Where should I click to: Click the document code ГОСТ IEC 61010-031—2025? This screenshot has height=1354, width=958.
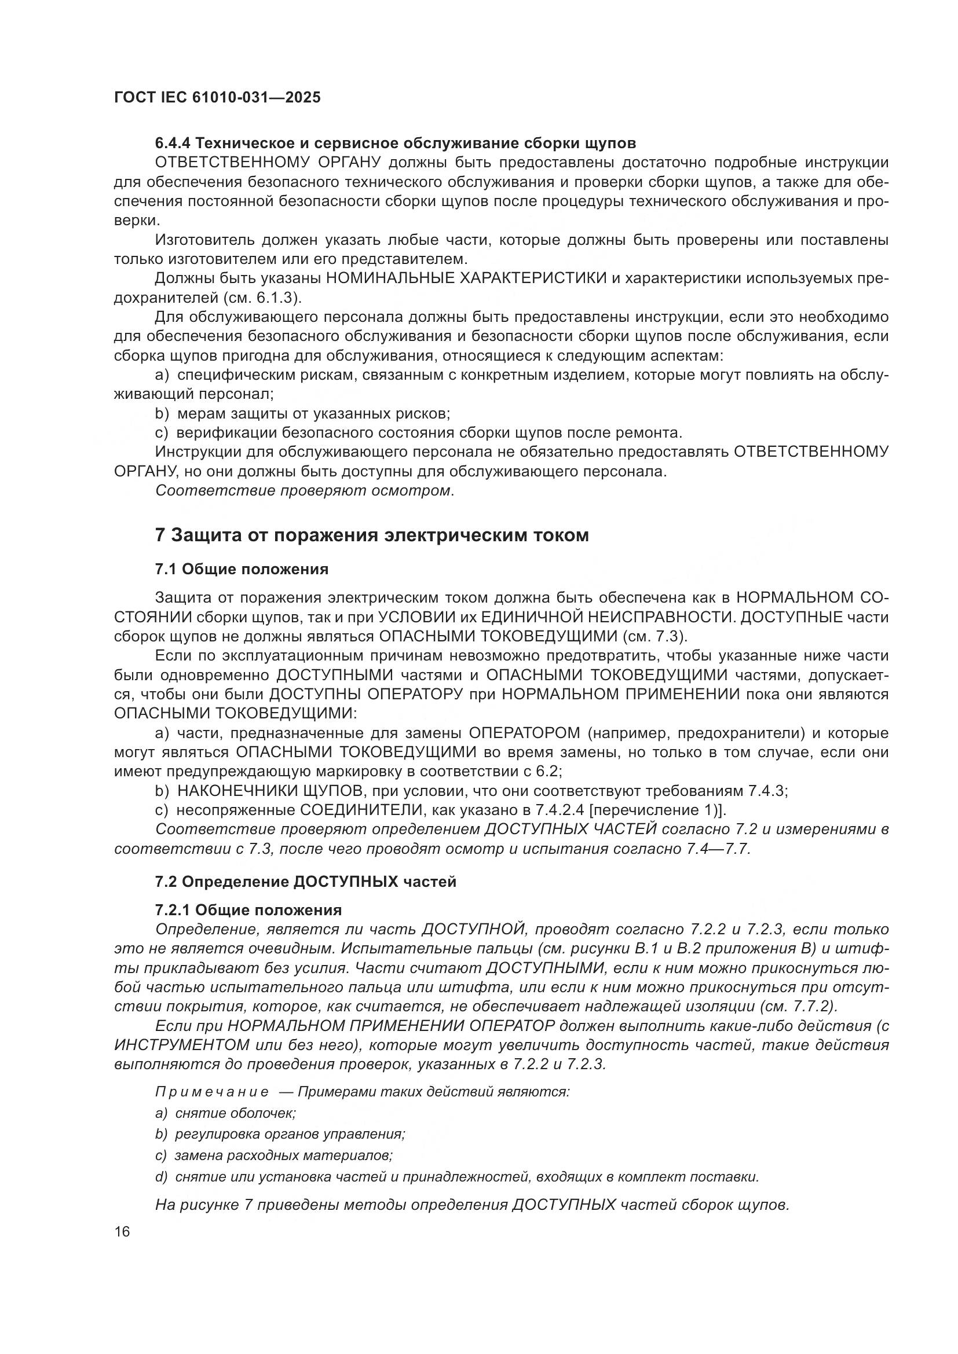pos(217,97)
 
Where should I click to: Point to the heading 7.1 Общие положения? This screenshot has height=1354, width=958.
pos(242,569)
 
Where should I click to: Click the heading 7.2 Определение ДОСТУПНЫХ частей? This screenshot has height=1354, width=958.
pos(306,882)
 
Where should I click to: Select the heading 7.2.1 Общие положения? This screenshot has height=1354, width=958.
pos(248,910)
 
